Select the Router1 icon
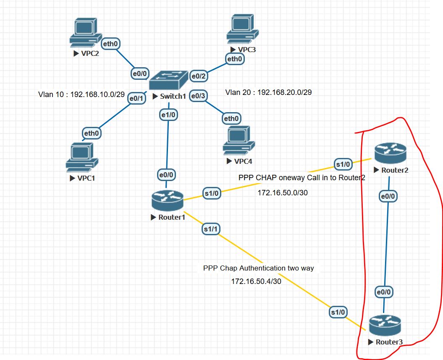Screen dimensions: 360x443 pyautogui.click(x=168, y=200)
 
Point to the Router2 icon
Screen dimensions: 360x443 pyautogui.click(x=391, y=153)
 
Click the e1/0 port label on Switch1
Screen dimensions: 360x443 pyautogui.click(x=168, y=114)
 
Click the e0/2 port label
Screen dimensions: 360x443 pyautogui.click(x=199, y=76)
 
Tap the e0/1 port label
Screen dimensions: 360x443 pyautogui.click(x=136, y=98)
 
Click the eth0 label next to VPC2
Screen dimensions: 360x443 pyautogui.click(x=111, y=43)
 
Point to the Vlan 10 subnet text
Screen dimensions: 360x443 pyautogui.click(x=81, y=94)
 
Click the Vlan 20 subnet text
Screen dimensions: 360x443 pyautogui.click(x=268, y=92)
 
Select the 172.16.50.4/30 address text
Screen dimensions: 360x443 pyautogui.click(x=256, y=281)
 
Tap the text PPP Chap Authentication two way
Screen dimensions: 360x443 pyautogui.click(x=258, y=268)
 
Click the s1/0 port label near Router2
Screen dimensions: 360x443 pyautogui.click(x=342, y=164)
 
